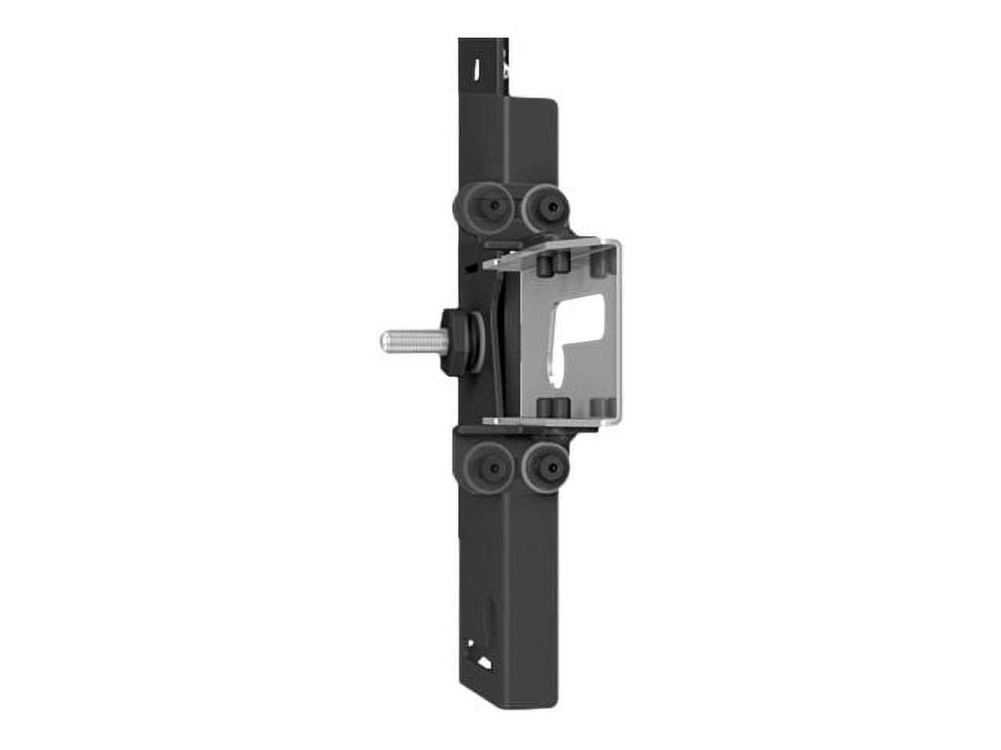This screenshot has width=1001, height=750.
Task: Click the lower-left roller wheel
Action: point(486,468)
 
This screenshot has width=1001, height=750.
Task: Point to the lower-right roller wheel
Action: point(544,468)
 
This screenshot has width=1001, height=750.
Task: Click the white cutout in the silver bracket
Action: point(583,328)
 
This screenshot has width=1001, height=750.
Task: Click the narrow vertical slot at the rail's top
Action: point(475,70)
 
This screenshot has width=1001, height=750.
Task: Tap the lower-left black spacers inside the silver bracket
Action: point(552,407)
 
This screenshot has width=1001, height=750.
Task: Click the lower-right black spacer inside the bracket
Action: point(601,407)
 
